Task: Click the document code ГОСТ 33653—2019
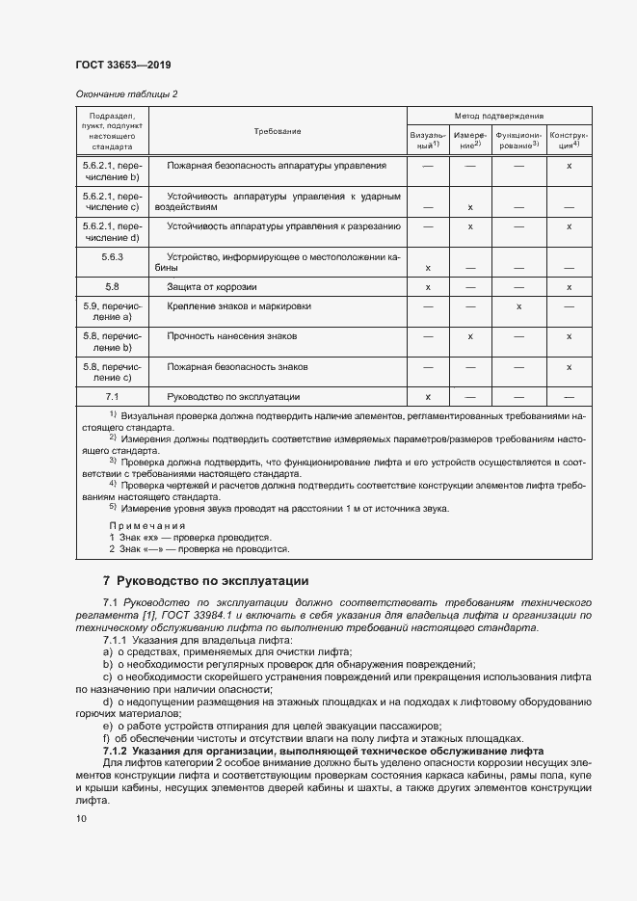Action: (123, 66)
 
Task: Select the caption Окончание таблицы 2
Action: (125, 93)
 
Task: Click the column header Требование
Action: (277, 130)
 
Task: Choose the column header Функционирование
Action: (518, 140)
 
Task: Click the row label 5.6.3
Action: (112, 257)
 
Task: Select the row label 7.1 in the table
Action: (112, 396)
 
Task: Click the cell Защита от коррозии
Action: (212, 286)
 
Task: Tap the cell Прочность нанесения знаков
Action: (231, 336)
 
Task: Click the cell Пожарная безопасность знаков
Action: (237, 367)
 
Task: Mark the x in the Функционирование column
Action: (518, 306)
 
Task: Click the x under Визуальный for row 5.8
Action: (427, 287)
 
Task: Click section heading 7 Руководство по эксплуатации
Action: (205, 581)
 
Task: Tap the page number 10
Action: (81, 818)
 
